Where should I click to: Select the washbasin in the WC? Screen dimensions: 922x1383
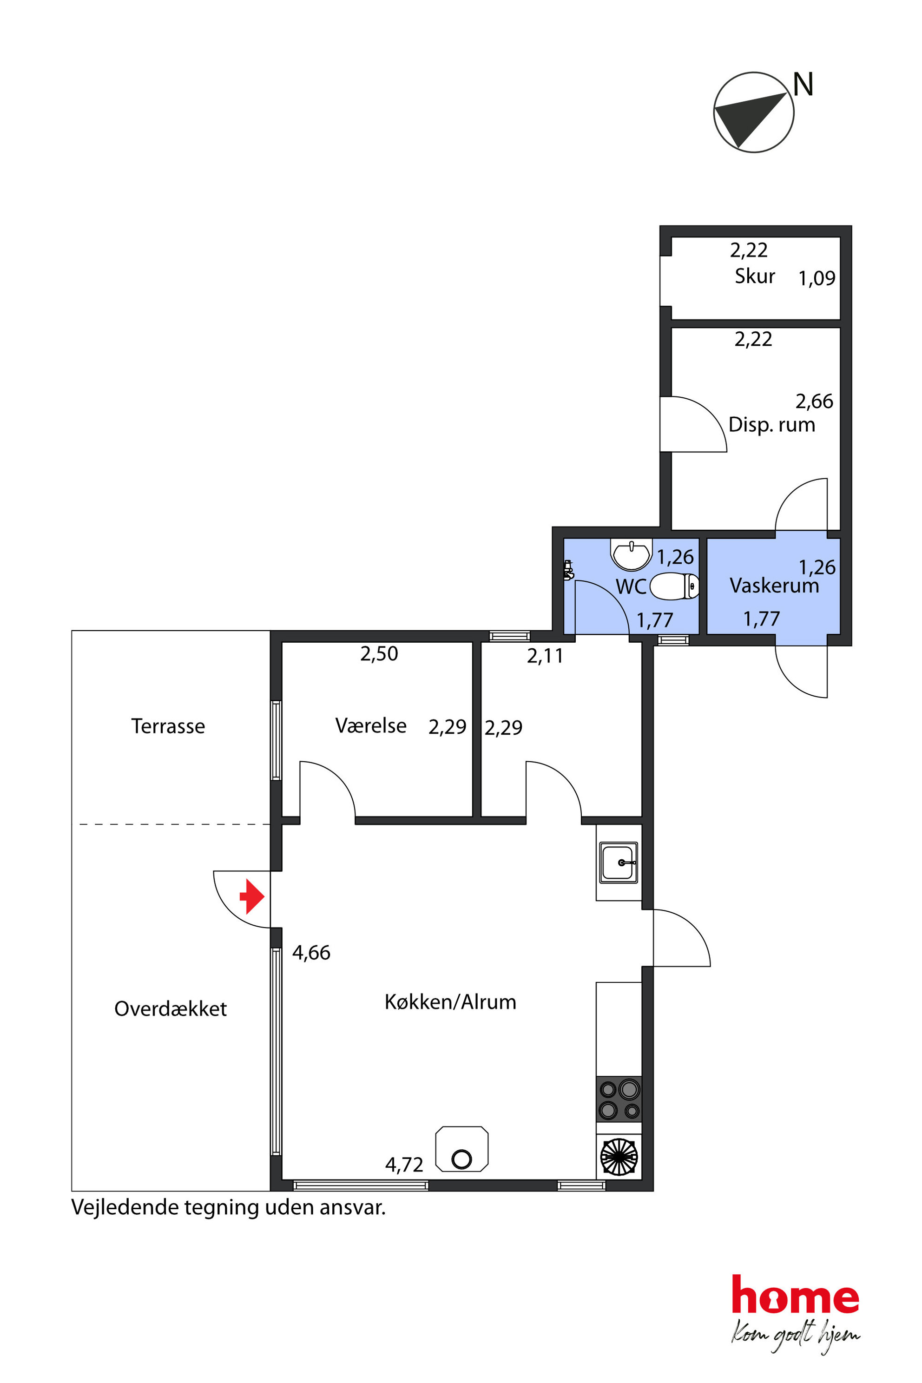click(632, 554)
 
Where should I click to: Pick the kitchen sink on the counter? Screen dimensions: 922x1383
click(619, 863)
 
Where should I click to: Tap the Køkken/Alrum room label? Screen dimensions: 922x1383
click(450, 1002)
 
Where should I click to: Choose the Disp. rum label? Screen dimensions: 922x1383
click(772, 425)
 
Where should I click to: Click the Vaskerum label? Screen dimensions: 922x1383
click(774, 586)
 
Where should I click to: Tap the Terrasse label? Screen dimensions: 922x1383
click(168, 726)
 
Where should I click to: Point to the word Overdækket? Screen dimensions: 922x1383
click(171, 1008)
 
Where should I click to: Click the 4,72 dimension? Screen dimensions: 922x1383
click(404, 1165)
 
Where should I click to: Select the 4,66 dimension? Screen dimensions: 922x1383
click(311, 953)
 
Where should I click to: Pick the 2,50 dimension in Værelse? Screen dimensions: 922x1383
click(379, 654)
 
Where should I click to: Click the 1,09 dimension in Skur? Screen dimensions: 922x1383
click(817, 278)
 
